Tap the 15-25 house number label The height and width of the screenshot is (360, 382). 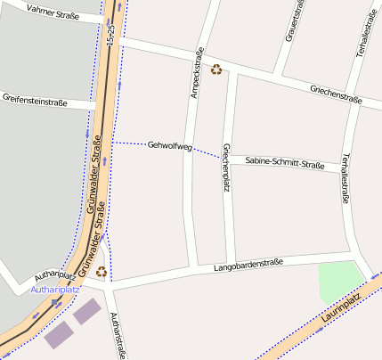[110, 36]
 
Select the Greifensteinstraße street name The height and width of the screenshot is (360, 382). [35, 100]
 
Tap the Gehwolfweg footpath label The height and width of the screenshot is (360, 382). [169, 144]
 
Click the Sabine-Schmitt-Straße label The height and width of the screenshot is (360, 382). [284, 162]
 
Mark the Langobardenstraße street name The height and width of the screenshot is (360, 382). [248, 265]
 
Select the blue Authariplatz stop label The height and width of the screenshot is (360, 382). [55, 289]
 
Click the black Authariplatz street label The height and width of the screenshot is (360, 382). [52, 276]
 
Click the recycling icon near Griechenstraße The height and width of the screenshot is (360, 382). [216, 69]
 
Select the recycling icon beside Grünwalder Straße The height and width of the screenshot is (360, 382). [102, 271]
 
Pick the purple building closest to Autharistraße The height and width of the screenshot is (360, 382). [87, 311]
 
